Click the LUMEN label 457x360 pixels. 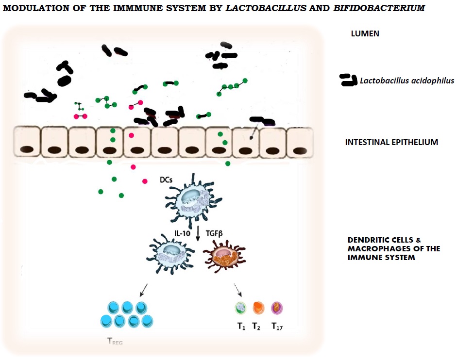(x=365, y=34)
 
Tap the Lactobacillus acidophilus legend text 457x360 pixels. (x=407, y=81)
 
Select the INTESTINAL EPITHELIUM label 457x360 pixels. (x=391, y=143)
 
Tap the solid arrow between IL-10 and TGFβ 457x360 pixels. (x=198, y=233)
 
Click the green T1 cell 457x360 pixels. (x=241, y=308)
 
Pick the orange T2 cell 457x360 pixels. (x=258, y=308)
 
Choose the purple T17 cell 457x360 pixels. (x=277, y=308)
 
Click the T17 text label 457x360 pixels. (x=277, y=327)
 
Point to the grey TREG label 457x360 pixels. (x=115, y=342)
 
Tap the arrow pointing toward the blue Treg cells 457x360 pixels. (x=144, y=290)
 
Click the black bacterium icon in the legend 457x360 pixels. (x=348, y=81)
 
